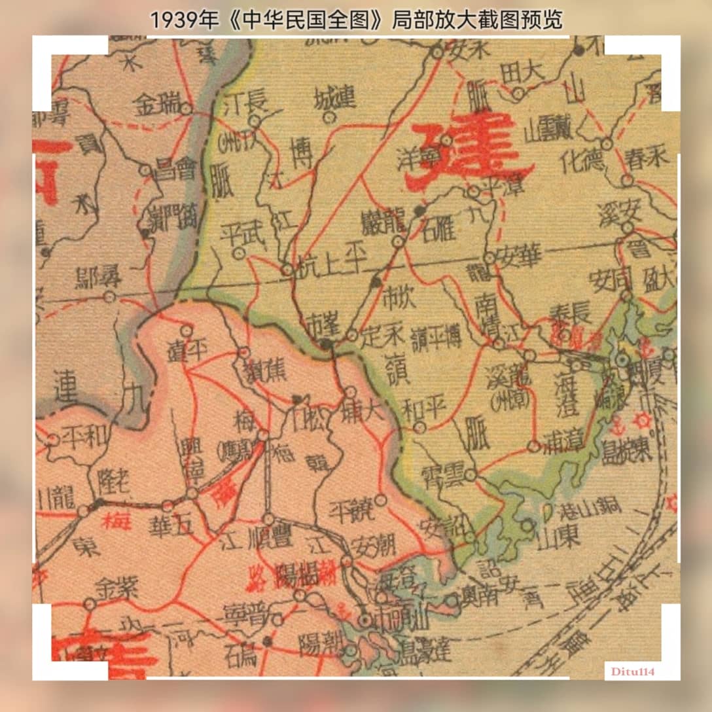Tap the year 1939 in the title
175,20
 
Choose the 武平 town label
240,234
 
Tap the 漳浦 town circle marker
534,447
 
